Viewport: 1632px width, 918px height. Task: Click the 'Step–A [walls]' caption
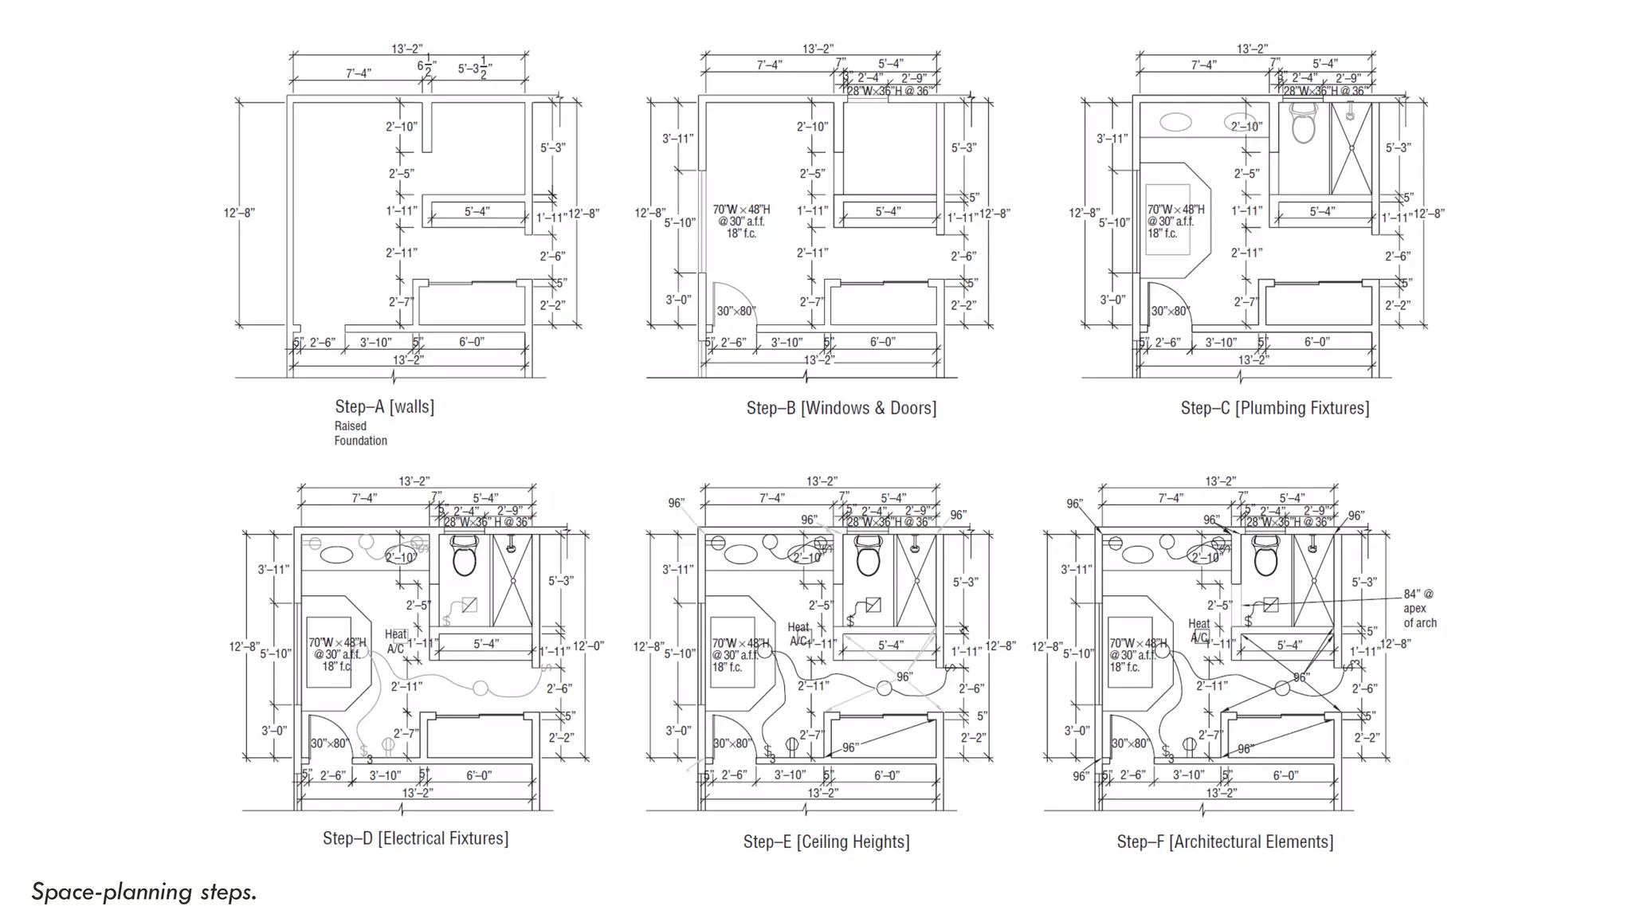click(384, 406)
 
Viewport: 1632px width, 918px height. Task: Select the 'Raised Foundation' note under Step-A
click(360, 433)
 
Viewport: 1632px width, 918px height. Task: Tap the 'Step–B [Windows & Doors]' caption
click(841, 408)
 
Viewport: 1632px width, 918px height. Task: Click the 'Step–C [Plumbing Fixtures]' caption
click(1274, 408)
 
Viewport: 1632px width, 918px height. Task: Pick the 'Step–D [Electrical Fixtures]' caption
click(415, 838)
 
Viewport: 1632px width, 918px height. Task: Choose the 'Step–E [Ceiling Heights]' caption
click(826, 841)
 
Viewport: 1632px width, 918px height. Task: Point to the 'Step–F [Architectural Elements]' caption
click(1224, 841)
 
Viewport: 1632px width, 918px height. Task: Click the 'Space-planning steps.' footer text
click(144, 892)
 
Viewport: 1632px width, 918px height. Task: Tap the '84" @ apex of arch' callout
click(1419, 608)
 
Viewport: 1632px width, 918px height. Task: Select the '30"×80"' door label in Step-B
click(735, 311)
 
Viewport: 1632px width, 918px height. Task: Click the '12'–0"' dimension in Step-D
click(588, 646)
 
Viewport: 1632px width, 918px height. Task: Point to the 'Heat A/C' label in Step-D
click(396, 641)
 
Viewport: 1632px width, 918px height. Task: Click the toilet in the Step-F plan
click(1265, 555)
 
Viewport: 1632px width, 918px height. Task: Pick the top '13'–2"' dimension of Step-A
click(406, 49)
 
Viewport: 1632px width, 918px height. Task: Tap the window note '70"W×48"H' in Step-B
click(740, 210)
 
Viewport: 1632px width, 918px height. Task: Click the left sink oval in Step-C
click(1175, 122)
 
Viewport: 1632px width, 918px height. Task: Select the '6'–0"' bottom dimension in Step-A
click(471, 342)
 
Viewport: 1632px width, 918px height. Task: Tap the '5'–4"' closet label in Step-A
click(477, 211)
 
